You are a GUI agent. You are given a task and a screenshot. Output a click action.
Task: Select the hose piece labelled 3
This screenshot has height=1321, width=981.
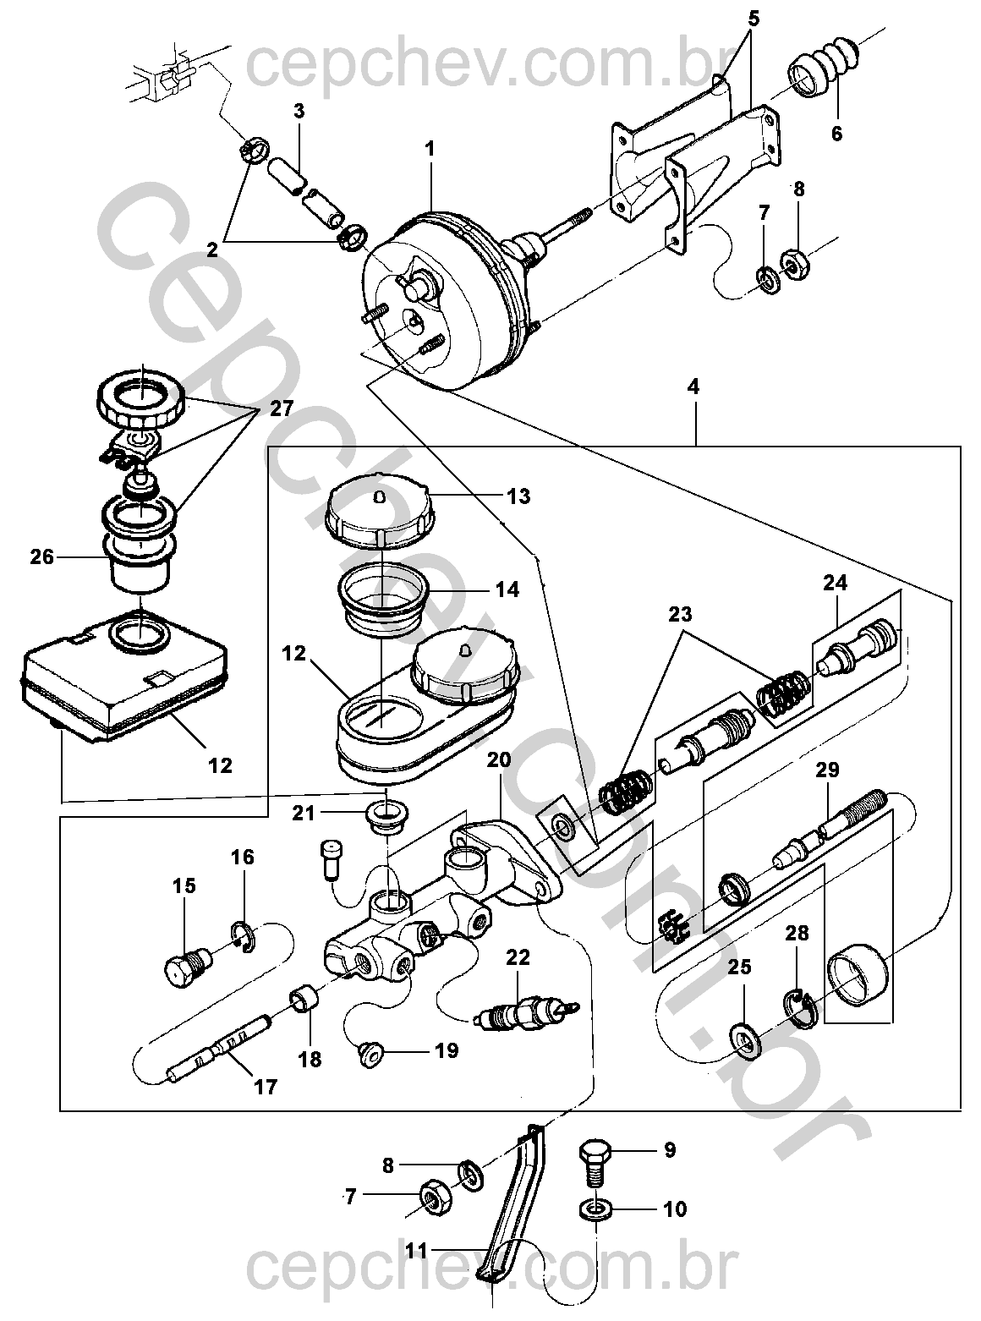pyautogui.click(x=288, y=173)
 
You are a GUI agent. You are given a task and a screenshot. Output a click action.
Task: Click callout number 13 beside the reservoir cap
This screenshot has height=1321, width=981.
pyautogui.click(x=518, y=496)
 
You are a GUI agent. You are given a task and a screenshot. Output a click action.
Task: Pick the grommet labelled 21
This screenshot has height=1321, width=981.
pyautogui.click(x=386, y=815)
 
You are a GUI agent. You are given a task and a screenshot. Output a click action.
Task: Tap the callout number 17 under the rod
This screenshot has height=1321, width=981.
pyautogui.click(x=266, y=1087)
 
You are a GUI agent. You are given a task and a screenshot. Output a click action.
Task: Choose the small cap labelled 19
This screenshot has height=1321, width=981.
pyautogui.click(x=370, y=1054)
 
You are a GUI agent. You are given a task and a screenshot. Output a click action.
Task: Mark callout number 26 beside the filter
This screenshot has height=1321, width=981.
pyautogui.click(x=43, y=556)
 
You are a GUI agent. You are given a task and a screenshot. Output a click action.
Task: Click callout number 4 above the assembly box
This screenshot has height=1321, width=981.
pyautogui.click(x=694, y=388)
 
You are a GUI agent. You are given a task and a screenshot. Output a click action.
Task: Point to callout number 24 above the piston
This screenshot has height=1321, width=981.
pyautogui.click(x=836, y=584)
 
